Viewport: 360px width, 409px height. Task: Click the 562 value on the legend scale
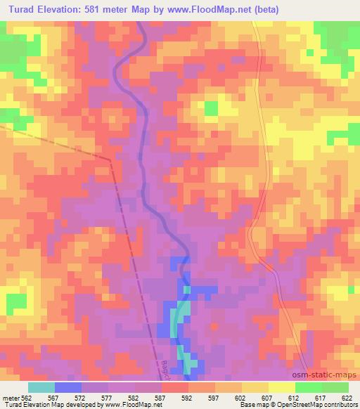tap(27, 397)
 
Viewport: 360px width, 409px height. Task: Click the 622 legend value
tap(345, 397)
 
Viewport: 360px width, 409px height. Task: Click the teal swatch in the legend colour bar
tap(41, 387)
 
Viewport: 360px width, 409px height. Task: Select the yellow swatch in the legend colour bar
tap(282, 387)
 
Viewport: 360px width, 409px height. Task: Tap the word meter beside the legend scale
tap(10, 397)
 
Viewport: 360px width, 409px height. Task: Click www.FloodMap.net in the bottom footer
tap(134, 405)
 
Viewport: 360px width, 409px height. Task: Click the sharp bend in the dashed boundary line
tap(110, 160)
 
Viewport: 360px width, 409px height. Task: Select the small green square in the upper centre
tap(210, 108)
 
